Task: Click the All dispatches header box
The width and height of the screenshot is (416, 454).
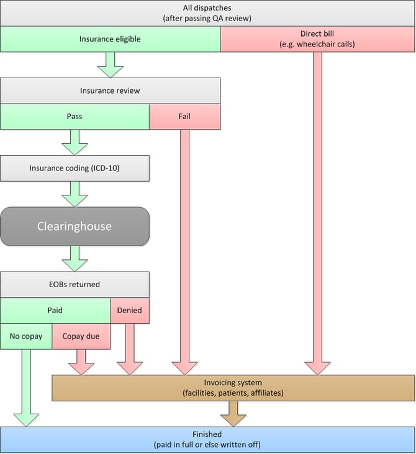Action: pos(207,13)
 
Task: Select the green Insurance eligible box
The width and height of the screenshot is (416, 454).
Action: pos(110,39)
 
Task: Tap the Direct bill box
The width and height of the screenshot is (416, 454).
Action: pos(318,39)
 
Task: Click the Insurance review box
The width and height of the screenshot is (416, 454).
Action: pos(110,91)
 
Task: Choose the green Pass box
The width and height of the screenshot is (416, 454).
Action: pos(75,117)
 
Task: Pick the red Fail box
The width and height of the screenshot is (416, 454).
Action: pos(184,117)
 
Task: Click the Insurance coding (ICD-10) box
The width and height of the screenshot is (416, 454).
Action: pos(75,168)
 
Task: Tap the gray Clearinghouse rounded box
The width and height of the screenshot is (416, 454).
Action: pos(75,226)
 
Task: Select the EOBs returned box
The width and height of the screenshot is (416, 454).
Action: pos(75,285)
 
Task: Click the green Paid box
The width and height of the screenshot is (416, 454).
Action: pos(55,310)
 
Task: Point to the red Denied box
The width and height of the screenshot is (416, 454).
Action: pos(130,310)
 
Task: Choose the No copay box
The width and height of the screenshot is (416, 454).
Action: pos(25,336)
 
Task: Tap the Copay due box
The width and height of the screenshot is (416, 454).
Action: pos(81,336)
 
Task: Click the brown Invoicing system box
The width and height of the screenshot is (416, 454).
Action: pos(233,388)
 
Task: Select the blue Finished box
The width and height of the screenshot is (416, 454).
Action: pos(207,440)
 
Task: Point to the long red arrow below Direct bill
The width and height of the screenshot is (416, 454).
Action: pos(318,211)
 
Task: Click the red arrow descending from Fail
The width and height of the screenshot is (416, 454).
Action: pos(184,248)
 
